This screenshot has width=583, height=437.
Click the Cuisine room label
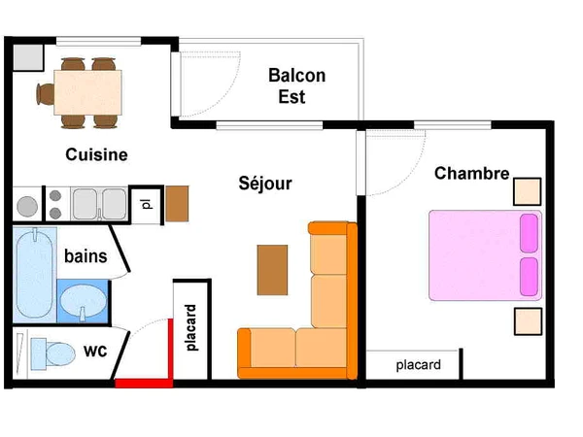96,154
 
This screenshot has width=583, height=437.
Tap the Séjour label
265,184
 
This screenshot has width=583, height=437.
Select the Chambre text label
471,173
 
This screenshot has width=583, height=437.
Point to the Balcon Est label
296,85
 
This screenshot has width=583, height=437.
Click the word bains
86,256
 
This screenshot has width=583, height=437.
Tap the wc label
95,351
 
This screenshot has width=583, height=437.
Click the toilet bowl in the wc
60,353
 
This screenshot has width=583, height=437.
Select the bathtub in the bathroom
35,275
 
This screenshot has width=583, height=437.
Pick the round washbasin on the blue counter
84,300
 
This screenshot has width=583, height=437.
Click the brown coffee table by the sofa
272,270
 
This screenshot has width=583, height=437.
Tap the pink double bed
485,255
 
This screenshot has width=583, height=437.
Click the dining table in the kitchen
87,92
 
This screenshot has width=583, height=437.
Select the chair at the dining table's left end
45,94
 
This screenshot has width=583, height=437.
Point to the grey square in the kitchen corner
28,57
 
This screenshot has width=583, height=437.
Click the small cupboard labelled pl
147,204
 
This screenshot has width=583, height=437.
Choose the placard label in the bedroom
418,365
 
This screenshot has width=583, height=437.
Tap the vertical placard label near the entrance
190,328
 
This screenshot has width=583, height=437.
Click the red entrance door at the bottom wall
144,384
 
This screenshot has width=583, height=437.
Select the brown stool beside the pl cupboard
177,204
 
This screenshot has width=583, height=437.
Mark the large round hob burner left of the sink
27,206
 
